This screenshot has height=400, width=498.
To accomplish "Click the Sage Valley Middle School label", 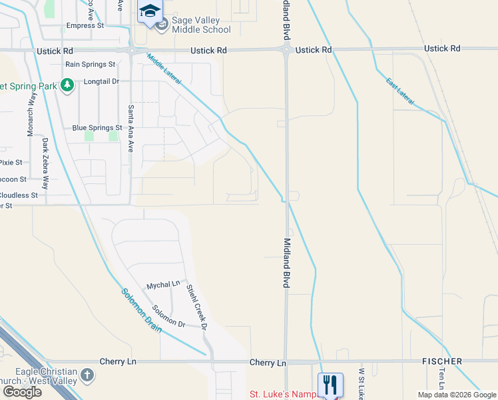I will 201,25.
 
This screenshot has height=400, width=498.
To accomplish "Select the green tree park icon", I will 67,85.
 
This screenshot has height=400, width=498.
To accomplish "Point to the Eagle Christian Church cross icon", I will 87,375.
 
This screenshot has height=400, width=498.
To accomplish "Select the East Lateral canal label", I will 400,91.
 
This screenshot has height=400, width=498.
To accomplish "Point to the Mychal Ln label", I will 163,284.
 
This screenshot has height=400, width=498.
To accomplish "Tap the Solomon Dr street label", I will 168,316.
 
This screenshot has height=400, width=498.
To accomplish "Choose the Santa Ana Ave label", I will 131,129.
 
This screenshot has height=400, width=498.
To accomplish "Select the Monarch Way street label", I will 30,115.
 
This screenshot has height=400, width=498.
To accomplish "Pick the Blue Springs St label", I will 97,127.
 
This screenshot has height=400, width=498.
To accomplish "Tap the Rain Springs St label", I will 91,64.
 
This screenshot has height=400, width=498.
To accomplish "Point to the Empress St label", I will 86,26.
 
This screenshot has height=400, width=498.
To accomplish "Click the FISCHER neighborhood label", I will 442,361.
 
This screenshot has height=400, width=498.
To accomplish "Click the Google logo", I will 22,391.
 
